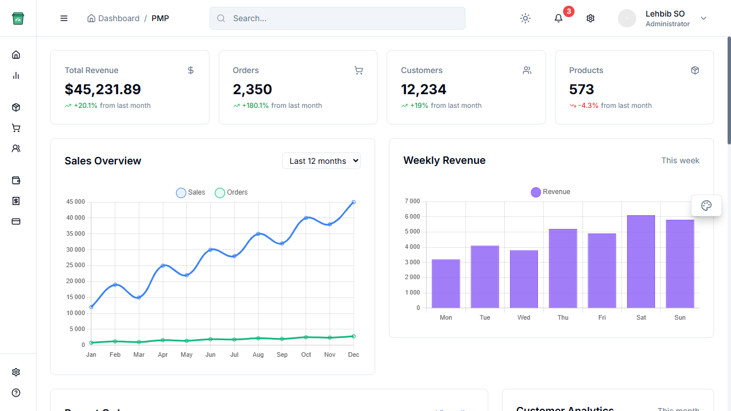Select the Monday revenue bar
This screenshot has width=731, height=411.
(445, 284)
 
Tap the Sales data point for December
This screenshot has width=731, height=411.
(354, 202)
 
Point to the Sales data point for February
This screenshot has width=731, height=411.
(115, 284)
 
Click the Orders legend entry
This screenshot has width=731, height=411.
(231, 193)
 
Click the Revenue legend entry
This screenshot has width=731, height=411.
(551, 192)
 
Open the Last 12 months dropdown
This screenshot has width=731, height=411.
(322, 161)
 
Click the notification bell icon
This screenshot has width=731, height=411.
(559, 18)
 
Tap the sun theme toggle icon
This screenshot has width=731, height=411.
(525, 18)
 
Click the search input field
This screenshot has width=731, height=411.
(337, 18)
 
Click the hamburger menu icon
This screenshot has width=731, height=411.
(64, 18)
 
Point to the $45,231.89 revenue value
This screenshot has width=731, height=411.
(103, 90)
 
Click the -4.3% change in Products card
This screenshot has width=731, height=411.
(588, 106)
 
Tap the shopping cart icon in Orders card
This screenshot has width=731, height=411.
(359, 70)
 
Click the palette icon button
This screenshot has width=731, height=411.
(706, 205)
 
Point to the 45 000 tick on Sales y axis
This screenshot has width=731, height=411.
(75, 202)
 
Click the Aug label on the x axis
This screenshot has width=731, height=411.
(258, 355)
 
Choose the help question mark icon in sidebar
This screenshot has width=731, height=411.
(16, 393)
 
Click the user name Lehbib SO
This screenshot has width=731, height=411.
(665, 14)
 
